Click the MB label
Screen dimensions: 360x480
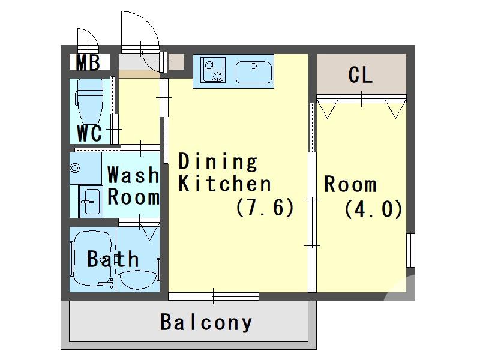click(x=88, y=62)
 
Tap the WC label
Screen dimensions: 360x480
click(x=89, y=133)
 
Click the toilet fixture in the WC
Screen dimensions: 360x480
click(x=91, y=102)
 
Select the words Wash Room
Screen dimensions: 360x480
click(x=133, y=186)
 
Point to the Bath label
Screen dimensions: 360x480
click(x=113, y=259)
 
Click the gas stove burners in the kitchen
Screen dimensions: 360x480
click(x=211, y=70)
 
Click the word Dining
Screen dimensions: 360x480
click(x=218, y=161)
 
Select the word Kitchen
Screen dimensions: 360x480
click(x=225, y=184)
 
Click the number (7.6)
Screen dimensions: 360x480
click(x=265, y=208)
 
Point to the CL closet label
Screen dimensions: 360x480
click(x=361, y=75)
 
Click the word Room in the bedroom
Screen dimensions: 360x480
click(x=350, y=184)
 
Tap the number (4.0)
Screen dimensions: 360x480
click(x=373, y=209)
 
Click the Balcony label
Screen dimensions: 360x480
click(x=206, y=323)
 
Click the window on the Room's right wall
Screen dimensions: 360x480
click(x=410, y=250)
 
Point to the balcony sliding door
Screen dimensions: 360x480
click(x=214, y=295)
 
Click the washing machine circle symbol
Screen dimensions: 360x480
click(x=75, y=168)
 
